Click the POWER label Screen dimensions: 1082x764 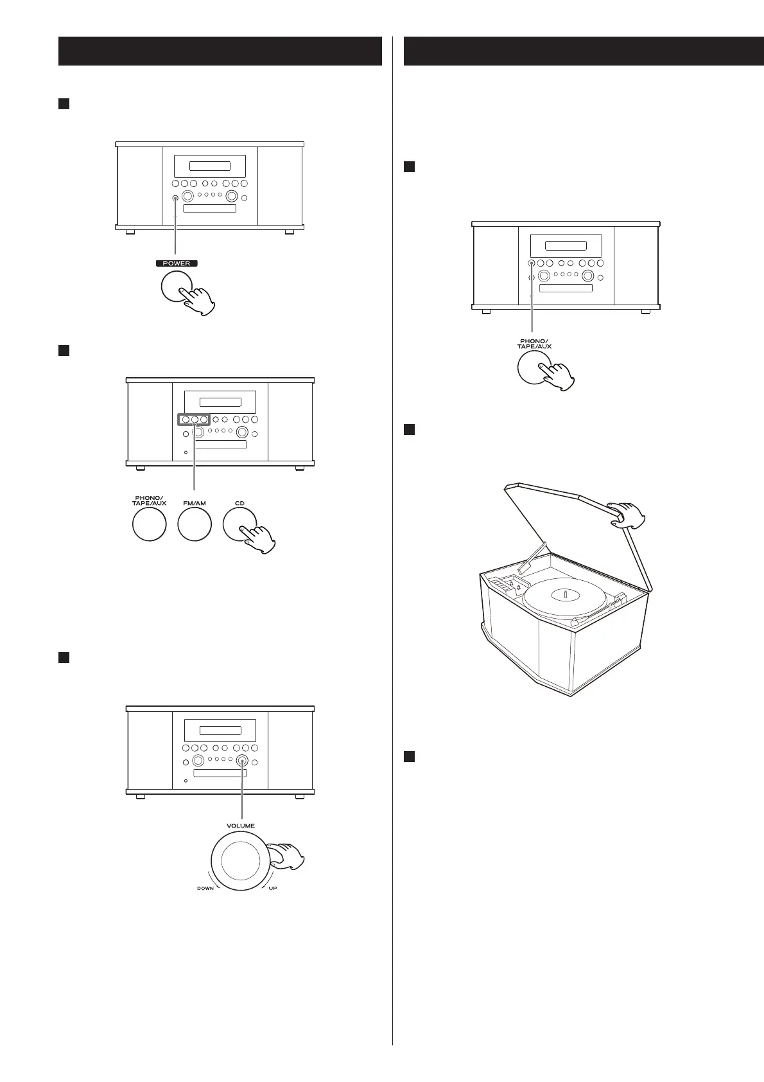(x=176, y=263)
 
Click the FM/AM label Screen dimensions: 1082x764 (x=194, y=503)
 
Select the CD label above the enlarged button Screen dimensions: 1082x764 (x=239, y=503)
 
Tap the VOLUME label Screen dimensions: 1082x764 (x=240, y=826)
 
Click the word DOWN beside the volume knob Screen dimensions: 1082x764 (x=205, y=889)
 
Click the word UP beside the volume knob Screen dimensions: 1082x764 (x=273, y=889)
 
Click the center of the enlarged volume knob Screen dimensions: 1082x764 (x=241, y=861)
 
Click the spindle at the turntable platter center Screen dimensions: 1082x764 (x=565, y=594)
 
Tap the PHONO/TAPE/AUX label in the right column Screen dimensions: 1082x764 (x=534, y=343)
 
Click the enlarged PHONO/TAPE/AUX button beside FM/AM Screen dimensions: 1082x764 (x=149, y=524)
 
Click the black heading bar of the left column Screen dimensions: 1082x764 (x=220, y=51)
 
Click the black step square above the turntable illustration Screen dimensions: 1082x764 (x=408, y=429)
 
